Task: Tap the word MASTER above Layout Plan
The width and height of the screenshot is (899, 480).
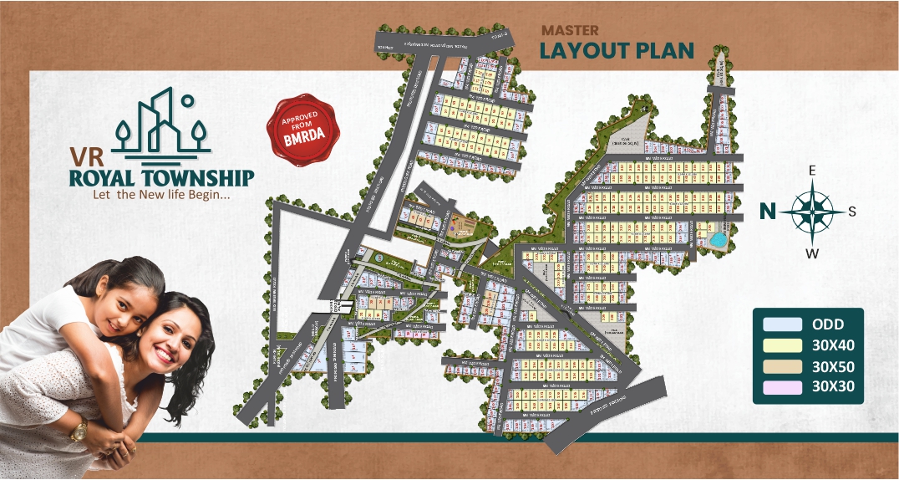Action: tap(568, 30)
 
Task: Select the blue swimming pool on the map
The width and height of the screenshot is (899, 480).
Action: tap(717, 240)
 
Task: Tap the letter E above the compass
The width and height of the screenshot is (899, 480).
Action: tap(812, 171)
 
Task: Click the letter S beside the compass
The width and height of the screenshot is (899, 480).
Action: tap(852, 212)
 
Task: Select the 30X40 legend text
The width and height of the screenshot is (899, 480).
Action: tap(833, 345)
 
